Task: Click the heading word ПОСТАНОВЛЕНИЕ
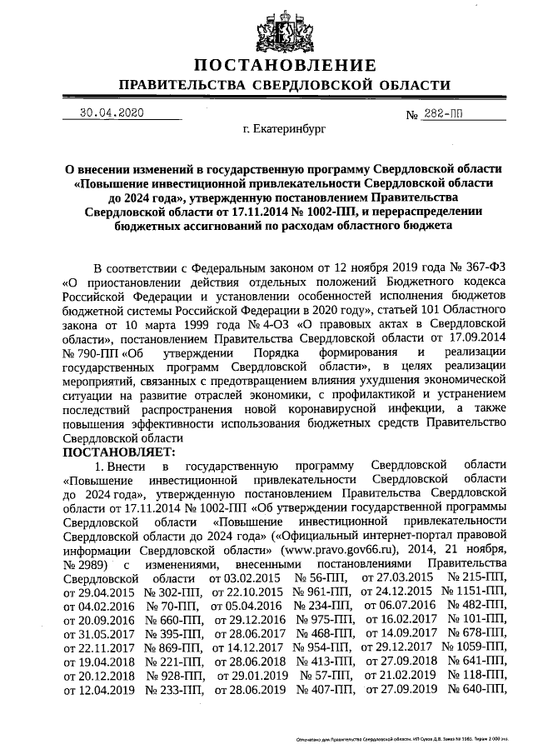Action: (286, 66)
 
